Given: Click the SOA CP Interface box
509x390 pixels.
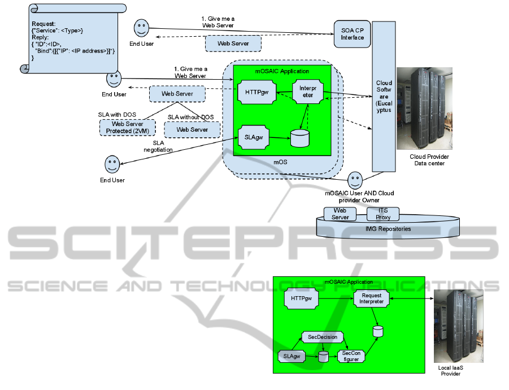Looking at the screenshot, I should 353,33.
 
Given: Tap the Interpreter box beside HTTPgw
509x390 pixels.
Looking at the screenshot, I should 307,92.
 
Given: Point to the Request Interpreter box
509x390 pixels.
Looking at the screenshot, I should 372,298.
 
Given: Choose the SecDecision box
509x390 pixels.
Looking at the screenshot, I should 323,337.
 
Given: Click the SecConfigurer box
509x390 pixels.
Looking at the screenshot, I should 351,356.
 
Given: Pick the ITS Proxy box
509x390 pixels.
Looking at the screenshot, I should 382,214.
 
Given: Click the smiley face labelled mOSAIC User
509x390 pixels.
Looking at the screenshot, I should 355,180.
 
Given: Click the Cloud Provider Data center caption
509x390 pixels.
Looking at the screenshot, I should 428,160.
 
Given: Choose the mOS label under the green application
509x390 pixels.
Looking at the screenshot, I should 281,162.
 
